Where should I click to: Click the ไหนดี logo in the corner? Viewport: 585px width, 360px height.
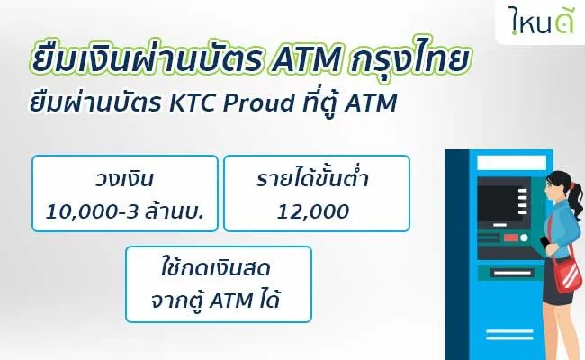(541, 21)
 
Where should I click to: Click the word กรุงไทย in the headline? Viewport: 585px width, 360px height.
(409, 58)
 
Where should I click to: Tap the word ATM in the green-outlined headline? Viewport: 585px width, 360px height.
(306, 59)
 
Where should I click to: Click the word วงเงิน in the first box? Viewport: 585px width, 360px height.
(124, 180)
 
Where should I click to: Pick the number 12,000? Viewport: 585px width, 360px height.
(313, 212)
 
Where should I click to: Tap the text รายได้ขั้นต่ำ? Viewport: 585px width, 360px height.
(312, 178)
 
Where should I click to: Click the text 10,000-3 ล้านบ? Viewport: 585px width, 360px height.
(124, 211)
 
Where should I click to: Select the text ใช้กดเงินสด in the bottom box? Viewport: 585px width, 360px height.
(216, 268)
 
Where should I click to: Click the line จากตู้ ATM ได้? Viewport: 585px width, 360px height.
(216, 301)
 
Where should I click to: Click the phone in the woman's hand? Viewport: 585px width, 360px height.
(544, 242)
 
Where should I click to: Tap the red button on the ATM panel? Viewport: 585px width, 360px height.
(510, 238)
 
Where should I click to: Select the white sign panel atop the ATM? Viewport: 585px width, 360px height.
(512, 163)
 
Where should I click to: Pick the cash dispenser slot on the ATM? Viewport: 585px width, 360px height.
(511, 274)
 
